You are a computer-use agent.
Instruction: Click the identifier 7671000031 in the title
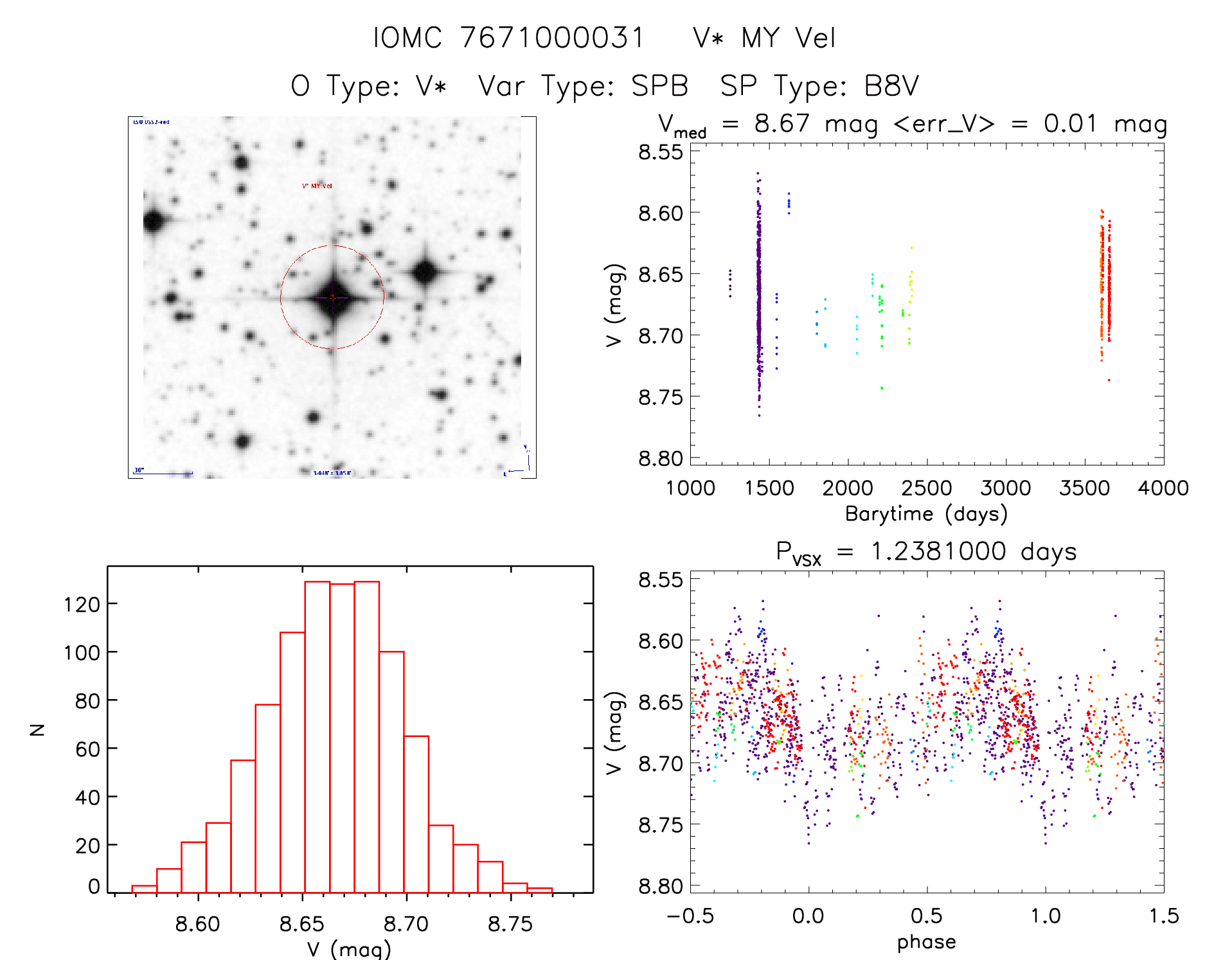[x=552, y=38]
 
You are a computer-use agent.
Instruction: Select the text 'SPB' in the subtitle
[x=660, y=86]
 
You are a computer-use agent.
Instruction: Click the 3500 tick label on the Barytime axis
[x=1084, y=488]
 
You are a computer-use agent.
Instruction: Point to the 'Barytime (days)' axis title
[x=926, y=514]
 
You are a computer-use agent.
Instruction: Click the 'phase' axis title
[x=926, y=942]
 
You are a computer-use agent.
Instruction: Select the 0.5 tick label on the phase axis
[x=926, y=916]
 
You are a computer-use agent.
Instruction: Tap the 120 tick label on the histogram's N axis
[x=82, y=605]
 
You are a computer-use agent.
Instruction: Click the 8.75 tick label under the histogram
[x=510, y=924]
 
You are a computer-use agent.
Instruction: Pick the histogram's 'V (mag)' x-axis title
[x=349, y=949]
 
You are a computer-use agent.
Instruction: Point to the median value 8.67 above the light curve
[x=781, y=123]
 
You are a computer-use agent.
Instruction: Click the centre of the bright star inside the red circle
[x=332, y=298]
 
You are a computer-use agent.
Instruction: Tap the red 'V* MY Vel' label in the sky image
[x=317, y=186]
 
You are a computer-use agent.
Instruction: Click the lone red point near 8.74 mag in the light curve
[x=1109, y=380]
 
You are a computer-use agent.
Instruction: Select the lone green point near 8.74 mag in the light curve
[x=882, y=388]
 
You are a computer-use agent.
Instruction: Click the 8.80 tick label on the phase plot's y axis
[x=660, y=886]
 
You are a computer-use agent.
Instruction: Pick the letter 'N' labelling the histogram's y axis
[x=38, y=729]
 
